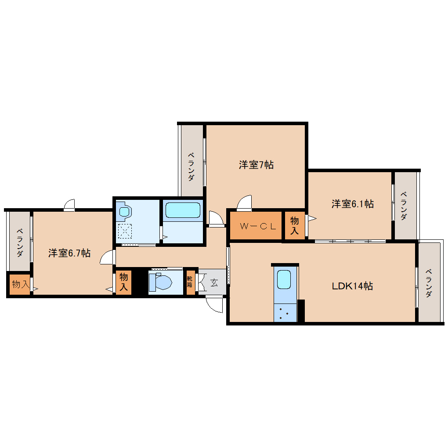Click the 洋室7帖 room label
[256, 165]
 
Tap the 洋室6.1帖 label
[353, 204]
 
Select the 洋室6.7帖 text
[69, 253]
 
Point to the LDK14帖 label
[352, 286]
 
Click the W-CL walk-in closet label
[258, 226]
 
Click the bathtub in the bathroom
[183, 210]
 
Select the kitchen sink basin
[284, 279]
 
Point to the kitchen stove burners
[285, 313]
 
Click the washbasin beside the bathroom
[124, 211]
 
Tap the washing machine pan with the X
[125, 231]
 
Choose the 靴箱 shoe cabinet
[190, 282]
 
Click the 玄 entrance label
[214, 283]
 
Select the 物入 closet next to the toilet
[123, 282]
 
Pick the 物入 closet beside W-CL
[295, 225]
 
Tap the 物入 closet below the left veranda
[20, 284]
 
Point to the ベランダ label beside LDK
[428, 283]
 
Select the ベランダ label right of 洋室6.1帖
[404, 206]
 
